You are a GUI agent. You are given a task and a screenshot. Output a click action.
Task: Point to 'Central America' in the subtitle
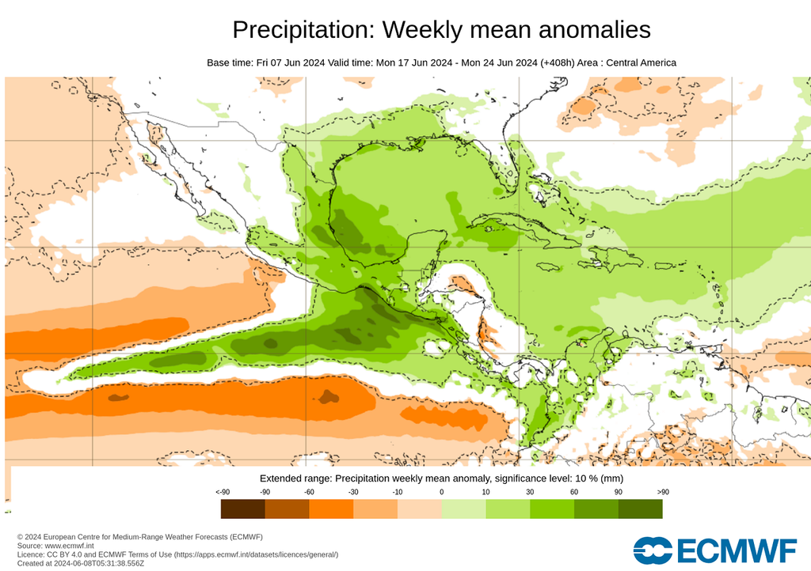point(641,62)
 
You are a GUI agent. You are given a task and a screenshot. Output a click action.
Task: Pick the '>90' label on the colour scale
point(663,492)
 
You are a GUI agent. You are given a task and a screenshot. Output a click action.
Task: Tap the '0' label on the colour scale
point(441,492)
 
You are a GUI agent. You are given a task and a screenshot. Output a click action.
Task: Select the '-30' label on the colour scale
point(353,492)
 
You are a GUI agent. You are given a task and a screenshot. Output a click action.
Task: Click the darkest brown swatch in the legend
point(242,509)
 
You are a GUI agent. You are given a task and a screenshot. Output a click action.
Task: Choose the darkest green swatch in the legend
point(641,509)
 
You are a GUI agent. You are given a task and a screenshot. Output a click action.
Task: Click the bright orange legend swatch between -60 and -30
point(331,509)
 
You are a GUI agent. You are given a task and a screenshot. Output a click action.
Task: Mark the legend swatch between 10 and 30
point(508,509)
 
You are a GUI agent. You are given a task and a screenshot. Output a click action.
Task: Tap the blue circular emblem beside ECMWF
point(653,550)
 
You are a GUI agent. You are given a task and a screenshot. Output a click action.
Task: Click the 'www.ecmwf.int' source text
point(69,546)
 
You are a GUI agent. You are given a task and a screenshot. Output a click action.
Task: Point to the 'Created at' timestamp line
point(81,563)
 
